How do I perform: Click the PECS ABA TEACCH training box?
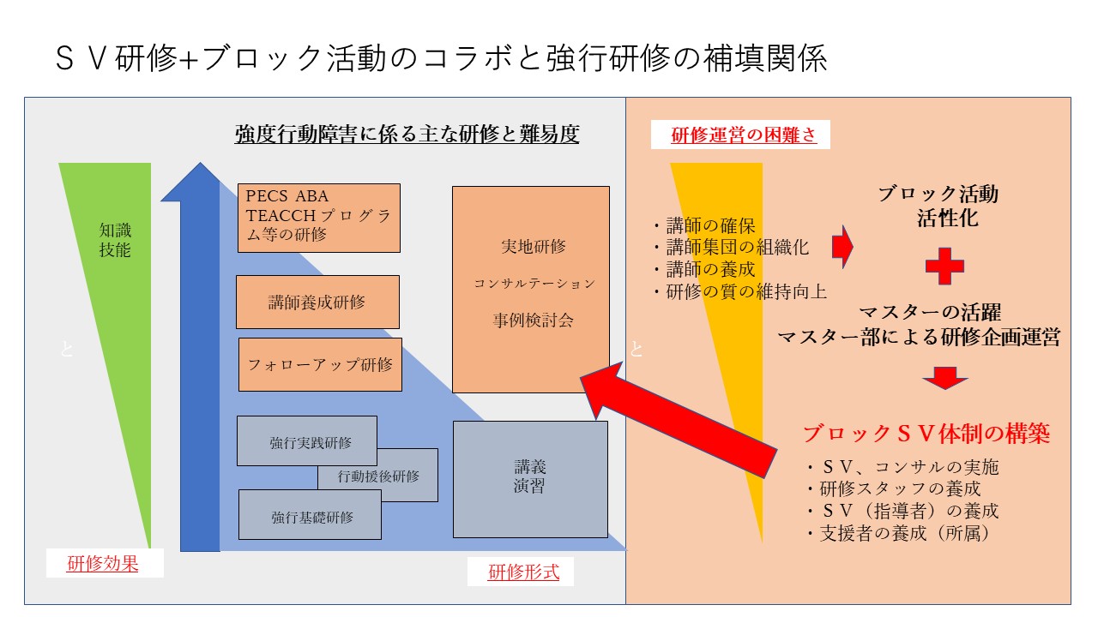[318, 218]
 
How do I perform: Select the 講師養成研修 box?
[317, 302]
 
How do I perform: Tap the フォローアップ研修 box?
[320, 364]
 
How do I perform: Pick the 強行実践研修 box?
[306, 441]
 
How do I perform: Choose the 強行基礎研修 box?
[310, 516]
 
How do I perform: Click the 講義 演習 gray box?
[530, 478]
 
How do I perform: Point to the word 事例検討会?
[532, 321]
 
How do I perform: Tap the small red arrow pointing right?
[842, 247]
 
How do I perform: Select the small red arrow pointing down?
[945, 378]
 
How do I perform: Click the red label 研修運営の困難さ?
[743, 135]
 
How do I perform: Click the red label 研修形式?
[523, 572]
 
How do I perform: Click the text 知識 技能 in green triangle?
[115, 240]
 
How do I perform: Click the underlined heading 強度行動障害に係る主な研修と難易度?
[407, 135]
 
